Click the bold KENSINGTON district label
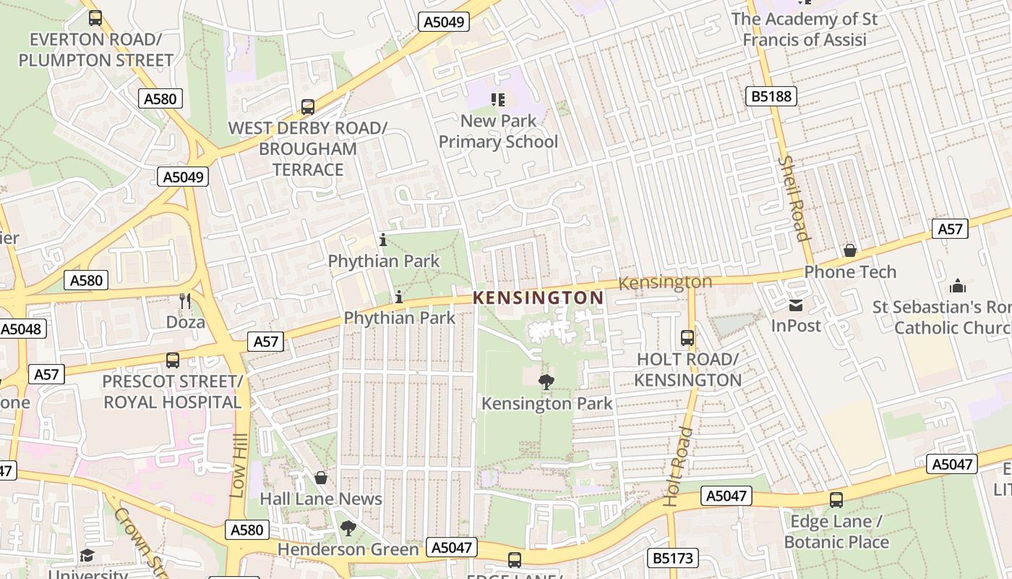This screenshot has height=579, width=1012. click(x=538, y=297)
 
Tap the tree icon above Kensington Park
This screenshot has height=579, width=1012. click(x=546, y=381)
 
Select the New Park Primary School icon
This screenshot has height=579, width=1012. click(x=498, y=99)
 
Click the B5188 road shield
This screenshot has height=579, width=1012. click(x=771, y=96)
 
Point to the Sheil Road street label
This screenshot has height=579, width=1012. click(x=794, y=198)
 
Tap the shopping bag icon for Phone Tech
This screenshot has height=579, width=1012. click(x=850, y=250)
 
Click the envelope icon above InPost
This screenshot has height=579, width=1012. click(x=796, y=305)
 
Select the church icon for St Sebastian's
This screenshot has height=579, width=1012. click(x=958, y=286)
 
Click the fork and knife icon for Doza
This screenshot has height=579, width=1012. click(x=186, y=300)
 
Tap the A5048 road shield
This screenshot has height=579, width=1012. click(x=22, y=329)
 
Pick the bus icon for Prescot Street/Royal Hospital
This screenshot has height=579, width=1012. click(x=172, y=360)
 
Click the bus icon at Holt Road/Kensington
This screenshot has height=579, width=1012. click(x=687, y=338)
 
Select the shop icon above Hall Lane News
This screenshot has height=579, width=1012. click(x=321, y=478)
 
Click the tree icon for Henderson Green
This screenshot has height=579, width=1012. click(x=348, y=528)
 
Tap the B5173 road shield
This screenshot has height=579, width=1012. click(x=673, y=558)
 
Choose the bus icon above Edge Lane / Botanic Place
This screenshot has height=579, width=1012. click(x=836, y=499)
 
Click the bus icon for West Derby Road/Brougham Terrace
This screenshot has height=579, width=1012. click(x=307, y=107)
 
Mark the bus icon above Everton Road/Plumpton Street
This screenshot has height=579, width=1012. click(x=95, y=18)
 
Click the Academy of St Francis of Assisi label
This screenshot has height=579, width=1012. click(x=805, y=29)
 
